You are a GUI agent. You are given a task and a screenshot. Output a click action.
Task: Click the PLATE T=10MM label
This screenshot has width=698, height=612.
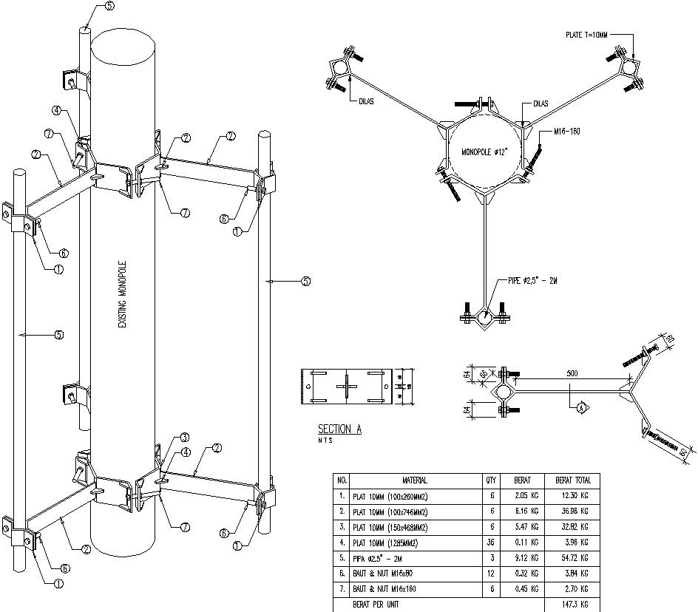pyautogui.click(x=586, y=35)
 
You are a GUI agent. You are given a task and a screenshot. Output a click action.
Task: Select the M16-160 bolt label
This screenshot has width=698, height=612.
pyautogui.click(x=566, y=131)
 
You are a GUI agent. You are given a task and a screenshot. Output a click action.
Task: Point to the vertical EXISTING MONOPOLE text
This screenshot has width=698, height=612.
pyautogui.click(x=123, y=295)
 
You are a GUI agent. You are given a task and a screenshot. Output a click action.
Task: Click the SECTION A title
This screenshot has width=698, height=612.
pyautogui.click(x=339, y=429)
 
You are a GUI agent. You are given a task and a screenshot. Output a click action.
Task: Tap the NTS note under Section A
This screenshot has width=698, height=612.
pyautogui.click(x=325, y=441)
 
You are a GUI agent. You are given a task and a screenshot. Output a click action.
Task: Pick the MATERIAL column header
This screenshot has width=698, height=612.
pyautogui.click(x=414, y=480)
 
